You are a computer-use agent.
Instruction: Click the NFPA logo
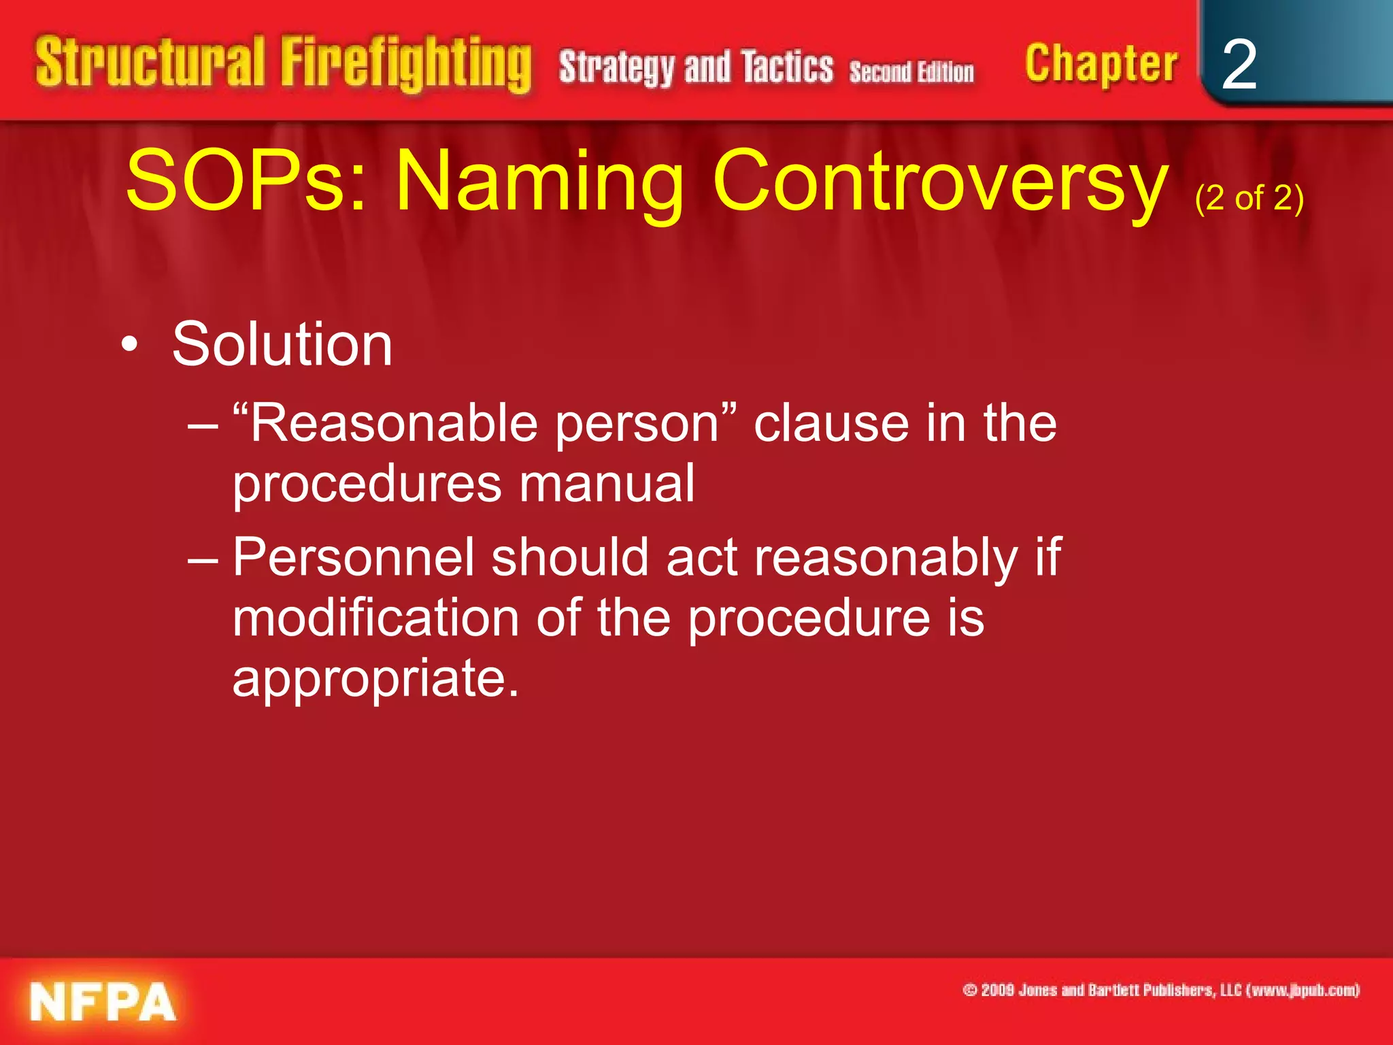[102, 1002]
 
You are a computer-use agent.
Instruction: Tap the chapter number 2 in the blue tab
[1239, 65]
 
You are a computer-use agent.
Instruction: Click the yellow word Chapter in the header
[1101, 65]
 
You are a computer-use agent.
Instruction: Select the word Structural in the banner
[150, 63]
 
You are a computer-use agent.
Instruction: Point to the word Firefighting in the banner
[406, 65]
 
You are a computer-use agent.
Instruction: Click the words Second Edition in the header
[911, 71]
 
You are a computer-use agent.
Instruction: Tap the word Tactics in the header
[787, 67]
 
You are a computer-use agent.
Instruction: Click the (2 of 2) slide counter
[1249, 199]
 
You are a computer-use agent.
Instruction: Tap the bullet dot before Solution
[129, 345]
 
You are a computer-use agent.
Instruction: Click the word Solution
[282, 344]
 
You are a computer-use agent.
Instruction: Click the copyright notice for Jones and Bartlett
[1161, 990]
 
